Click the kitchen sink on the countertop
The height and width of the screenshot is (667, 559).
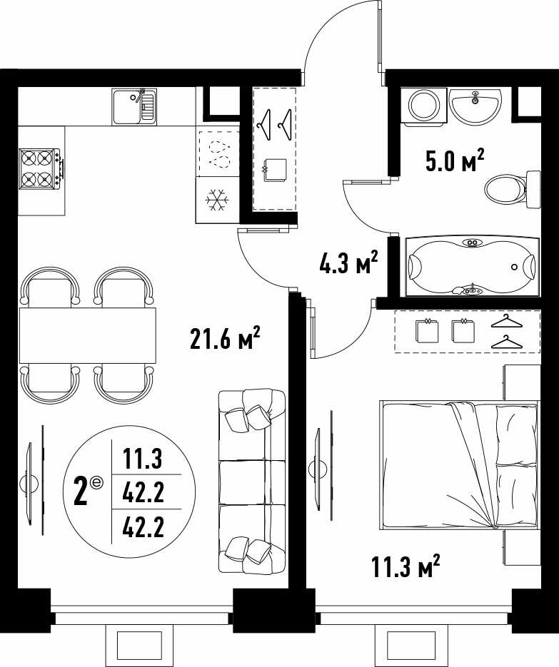134,107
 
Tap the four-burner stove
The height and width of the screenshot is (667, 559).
41,169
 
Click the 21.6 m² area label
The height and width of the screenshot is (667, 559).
225,339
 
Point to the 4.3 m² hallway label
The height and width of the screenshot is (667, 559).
348,263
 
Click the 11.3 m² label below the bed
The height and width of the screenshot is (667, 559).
406,566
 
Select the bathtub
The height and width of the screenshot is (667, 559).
473,266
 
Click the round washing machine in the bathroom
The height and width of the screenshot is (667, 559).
424,105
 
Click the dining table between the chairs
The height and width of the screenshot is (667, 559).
87,335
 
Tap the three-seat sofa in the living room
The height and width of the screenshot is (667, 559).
251,482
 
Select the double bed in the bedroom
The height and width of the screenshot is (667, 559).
459,465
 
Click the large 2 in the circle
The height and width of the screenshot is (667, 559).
81,492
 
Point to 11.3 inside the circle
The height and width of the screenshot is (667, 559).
143,459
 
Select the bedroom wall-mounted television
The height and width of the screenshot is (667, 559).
323,467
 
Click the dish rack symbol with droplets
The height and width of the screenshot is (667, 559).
219,153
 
